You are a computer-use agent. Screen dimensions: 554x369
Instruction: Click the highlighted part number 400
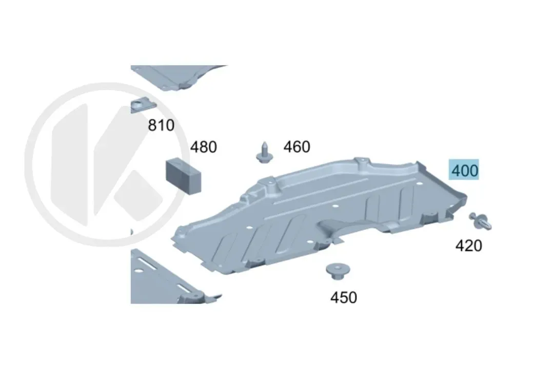(464, 170)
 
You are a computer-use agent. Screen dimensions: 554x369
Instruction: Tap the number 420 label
(468, 245)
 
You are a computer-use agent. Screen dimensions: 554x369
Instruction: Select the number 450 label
(343, 297)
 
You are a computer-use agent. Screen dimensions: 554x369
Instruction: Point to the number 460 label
(297, 147)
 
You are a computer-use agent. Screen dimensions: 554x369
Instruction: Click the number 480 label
(204, 147)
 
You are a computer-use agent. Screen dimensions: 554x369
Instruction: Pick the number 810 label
(161, 125)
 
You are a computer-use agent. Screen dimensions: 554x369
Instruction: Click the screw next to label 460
(264, 153)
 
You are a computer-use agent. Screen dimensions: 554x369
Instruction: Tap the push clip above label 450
(338, 271)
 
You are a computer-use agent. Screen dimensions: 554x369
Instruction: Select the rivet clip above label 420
(480, 221)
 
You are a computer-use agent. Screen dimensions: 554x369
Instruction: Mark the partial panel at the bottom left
(170, 279)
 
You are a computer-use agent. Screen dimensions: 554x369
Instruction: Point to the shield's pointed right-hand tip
(466, 195)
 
